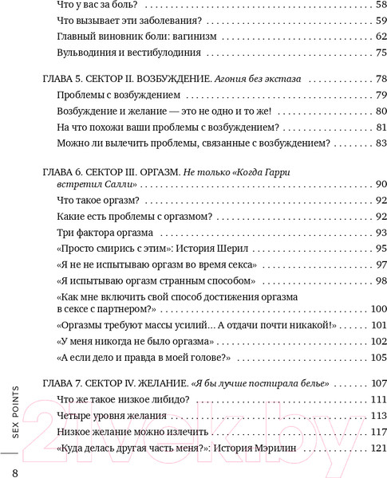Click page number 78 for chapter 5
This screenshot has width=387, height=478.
click(x=359, y=80)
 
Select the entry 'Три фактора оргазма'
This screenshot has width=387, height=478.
click(x=103, y=233)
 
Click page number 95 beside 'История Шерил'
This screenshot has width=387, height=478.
click(x=359, y=249)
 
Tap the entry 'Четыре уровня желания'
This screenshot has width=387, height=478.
click(x=108, y=417)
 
